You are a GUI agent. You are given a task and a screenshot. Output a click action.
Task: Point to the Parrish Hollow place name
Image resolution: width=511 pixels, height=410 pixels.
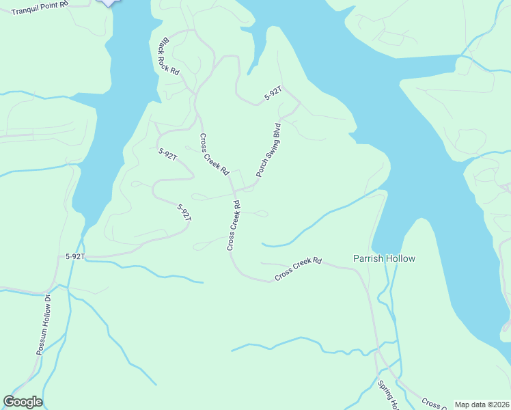384,258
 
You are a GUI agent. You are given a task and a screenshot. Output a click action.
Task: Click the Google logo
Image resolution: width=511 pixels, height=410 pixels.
23,402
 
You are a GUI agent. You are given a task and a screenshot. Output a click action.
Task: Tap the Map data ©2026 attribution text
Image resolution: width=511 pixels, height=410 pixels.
482,405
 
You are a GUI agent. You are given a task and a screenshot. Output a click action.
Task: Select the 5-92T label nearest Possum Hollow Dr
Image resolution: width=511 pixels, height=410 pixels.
75,256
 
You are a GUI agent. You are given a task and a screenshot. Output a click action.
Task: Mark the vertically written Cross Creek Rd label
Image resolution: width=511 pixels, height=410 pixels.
234,225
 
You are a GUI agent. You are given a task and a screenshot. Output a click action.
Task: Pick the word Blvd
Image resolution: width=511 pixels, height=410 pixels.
277,131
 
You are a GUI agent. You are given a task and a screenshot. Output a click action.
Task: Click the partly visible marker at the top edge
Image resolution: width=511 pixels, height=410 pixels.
108,3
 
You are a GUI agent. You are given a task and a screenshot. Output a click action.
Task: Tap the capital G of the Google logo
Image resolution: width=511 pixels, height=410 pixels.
10,402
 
